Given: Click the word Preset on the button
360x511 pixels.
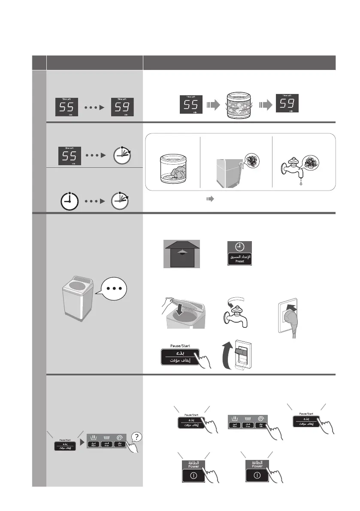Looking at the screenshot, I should (240, 260).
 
